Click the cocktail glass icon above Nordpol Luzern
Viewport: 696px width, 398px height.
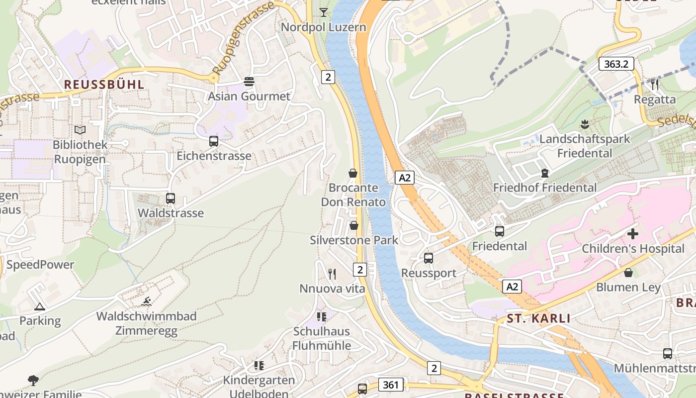(324, 12)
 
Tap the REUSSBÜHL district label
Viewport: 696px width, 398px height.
(104, 84)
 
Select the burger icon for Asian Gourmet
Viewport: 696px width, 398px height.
(249, 82)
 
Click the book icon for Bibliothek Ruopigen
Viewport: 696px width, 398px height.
(80, 130)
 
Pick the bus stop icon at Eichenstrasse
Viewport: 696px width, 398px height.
(214, 141)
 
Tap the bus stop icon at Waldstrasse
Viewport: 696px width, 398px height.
(171, 199)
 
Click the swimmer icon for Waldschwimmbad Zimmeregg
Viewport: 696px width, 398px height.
(146, 301)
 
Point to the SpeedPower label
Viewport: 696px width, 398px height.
(40, 265)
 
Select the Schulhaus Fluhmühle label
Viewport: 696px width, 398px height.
(322, 338)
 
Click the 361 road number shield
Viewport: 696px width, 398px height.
(391, 385)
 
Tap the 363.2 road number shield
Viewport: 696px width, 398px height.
(616, 64)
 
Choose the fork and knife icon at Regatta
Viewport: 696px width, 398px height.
(655, 85)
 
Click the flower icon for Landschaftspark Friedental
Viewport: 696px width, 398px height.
(585, 124)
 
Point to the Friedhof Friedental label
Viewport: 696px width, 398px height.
(544, 188)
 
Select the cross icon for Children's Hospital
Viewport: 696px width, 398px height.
(633, 234)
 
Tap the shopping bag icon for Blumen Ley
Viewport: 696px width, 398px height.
(628, 273)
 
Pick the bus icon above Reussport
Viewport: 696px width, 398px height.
(429, 258)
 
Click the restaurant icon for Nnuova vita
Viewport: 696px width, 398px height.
(332, 274)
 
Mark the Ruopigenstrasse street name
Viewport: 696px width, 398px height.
(243, 38)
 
